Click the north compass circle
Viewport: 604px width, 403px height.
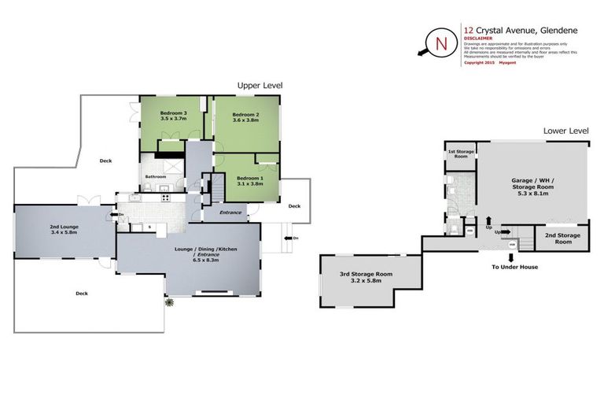[x=438, y=42]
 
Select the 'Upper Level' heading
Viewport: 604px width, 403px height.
[x=260, y=85]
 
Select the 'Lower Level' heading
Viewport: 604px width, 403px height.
[x=565, y=131]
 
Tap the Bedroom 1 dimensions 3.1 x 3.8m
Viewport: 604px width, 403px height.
[x=250, y=183]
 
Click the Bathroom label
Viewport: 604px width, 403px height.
[x=156, y=176]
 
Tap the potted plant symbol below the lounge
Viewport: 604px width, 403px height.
[x=168, y=302]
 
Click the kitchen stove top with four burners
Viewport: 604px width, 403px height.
[x=166, y=198]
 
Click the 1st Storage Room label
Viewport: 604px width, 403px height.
[x=460, y=154]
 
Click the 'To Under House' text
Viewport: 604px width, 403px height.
[x=516, y=268]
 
